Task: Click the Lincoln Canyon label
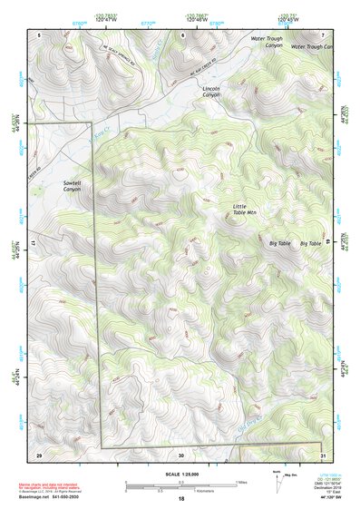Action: tap(211, 93)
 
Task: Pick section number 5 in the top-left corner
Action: tap(39, 34)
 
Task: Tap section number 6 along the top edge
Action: tap(182, 34)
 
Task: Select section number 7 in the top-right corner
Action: tap(322, 34)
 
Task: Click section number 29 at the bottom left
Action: tap(38, 454)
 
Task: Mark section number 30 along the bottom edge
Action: tap(181, 454)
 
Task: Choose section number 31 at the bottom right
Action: tap(321, 454)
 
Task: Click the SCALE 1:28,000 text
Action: tap(180, 474)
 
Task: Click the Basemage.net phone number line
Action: tap(54, 498)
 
